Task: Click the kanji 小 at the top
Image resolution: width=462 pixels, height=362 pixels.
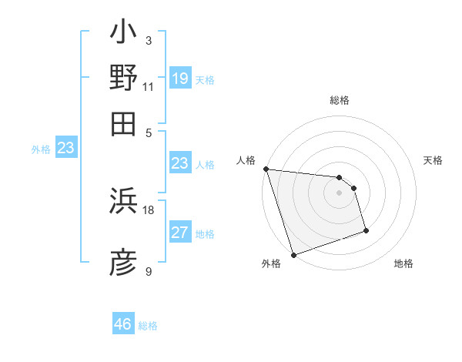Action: click(123, 34)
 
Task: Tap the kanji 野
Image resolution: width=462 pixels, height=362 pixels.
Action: click(123, 78)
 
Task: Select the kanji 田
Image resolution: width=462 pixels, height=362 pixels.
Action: click(123, 122)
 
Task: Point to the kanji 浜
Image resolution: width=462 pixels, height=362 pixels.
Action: click(123, 201)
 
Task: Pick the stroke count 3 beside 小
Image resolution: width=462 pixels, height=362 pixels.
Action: click(148, 41)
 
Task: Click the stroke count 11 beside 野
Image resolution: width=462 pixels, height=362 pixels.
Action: click(148, 86)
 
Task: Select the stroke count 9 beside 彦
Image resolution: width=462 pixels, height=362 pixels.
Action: click(148, 271)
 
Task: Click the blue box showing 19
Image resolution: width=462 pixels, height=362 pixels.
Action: click(179, 79)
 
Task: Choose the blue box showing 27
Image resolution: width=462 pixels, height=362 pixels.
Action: click(179, 233)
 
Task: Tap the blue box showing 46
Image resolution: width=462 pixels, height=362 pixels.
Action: click(122, 324)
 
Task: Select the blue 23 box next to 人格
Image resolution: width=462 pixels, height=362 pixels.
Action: click(179, 163)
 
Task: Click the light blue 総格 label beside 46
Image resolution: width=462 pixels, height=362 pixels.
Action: click(148, 326)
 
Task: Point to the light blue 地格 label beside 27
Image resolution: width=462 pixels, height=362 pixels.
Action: click(205, 234)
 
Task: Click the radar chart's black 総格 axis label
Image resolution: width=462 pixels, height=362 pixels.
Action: click(340, 100)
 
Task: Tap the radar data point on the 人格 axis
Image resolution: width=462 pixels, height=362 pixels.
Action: click(266, 169)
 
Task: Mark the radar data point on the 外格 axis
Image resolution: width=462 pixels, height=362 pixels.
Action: click(293, 255)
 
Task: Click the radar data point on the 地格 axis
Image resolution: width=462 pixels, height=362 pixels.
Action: click(366, 230)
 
